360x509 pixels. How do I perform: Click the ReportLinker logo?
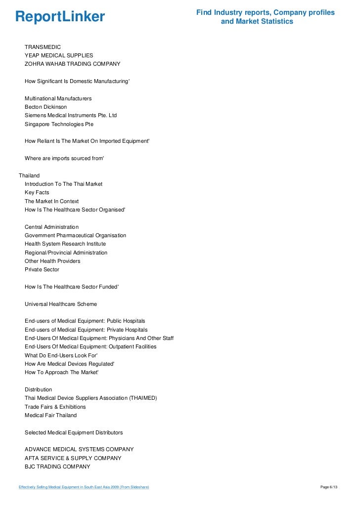tap(60, 17)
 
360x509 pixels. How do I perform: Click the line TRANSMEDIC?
tap(43, 47)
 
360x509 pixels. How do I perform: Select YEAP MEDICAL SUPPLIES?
tap(59, 55)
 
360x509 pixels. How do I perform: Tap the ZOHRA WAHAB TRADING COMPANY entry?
tap(72, 64)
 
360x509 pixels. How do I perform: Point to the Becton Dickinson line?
tap(45, 107)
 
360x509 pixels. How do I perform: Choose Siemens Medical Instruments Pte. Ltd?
tap(71, 116)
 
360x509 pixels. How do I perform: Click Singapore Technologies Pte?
tap(59, 124)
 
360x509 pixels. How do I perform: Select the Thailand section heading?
tap(29, 175)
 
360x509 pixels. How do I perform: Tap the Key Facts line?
tap(37, 193)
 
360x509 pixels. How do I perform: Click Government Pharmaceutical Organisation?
tap(75, 235)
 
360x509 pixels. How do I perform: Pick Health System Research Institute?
tap(65, 244)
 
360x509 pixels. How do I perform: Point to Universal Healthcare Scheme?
tap(61, 304)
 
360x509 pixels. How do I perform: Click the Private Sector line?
tap(42, 270)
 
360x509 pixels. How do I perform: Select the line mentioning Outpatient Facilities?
tap(90, 347)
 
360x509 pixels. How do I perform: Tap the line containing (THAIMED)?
tap(90, 398)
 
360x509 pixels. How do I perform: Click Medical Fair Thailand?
tap(51, 416)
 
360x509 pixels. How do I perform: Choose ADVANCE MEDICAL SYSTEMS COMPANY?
tap(79, 450)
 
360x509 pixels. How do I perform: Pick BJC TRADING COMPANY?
tap(57, 467)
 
